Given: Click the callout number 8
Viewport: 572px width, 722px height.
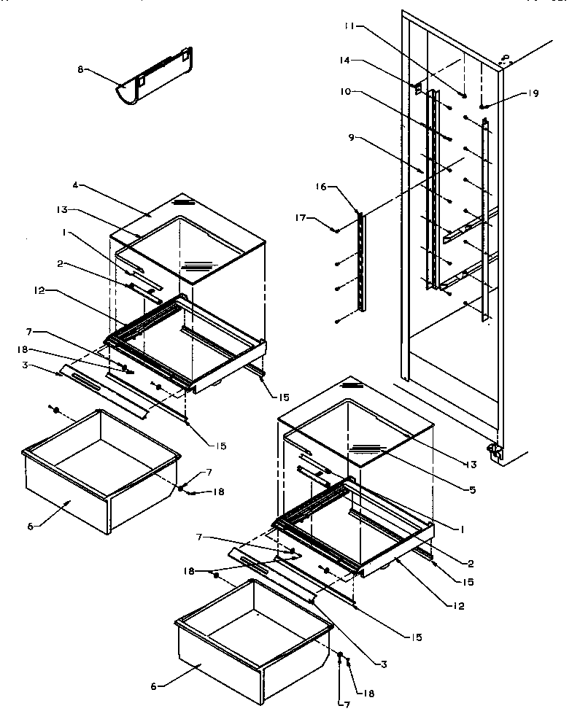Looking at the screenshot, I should tap(81, 69).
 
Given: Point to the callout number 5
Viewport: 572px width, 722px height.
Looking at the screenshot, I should tap(473, 490).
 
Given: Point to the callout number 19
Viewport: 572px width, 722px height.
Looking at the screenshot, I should tap(534, 93).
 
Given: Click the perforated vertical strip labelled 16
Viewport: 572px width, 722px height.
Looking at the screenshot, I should tap(360, 263).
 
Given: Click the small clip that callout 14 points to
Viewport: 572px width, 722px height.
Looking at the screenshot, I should tap(418, 89).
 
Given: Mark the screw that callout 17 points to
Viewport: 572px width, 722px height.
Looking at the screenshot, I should tap(335, 230).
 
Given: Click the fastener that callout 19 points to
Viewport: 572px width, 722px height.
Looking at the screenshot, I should tap(483, 106).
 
